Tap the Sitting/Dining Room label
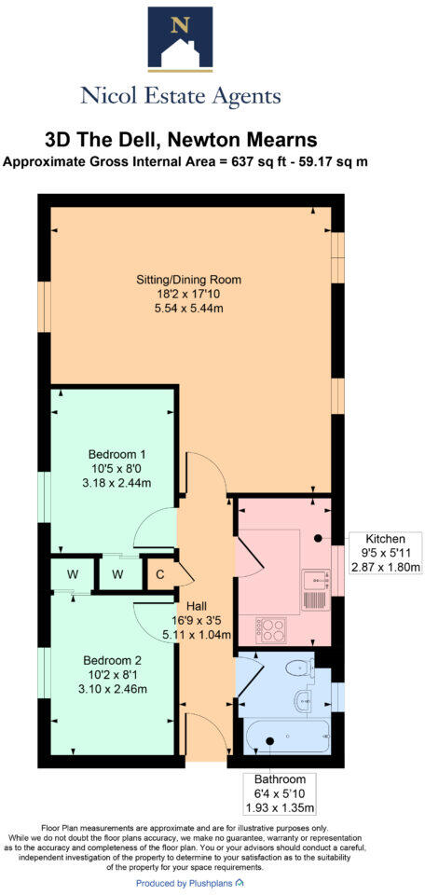pyautogui.click(x=186, y=279)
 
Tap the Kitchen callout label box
pyautogui.click(x=385, y=553)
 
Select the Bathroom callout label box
pyautogui.click(x=280, y=792)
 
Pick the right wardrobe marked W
pyautogui.click(x=117, y=573)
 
